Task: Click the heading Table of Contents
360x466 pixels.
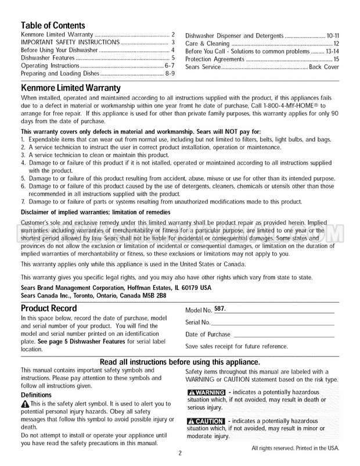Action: [x=53, y=26]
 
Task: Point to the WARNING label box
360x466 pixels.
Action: [x=206, y=392]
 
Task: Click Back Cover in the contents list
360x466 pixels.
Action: [x=324, y=67]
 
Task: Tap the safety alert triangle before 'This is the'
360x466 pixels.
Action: [x=24, y=404]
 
